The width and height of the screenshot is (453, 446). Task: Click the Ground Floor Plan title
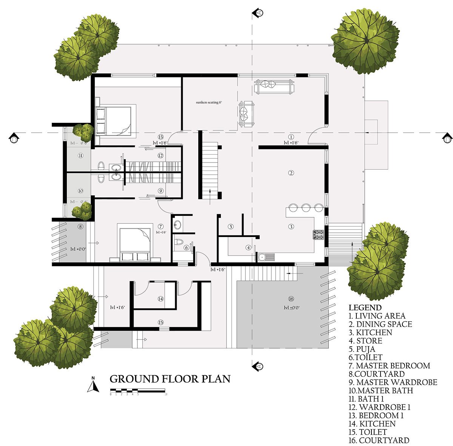click(169, 379)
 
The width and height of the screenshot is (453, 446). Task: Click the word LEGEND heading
click(365, 308)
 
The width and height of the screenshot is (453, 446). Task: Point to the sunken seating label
click(208, 102)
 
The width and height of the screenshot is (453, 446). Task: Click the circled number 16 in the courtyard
click(291, 299)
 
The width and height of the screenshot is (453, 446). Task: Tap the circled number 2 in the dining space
click(291, 173)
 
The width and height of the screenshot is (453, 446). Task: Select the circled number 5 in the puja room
click(231, 227)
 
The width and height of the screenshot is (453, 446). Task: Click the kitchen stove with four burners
click(318, 235)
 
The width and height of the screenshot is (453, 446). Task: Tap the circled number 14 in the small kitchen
click(160, 299)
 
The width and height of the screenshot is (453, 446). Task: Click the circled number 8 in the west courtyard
click(80, 227)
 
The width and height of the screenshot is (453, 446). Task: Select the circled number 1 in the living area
click(291, 136)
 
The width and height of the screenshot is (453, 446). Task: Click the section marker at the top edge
click(258, 13)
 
